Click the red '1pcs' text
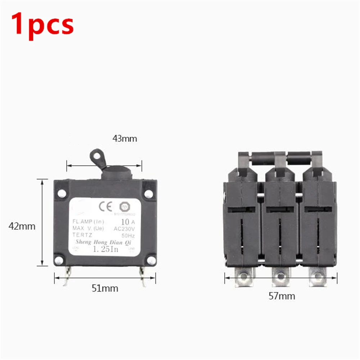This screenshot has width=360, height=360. [x=43, y=23]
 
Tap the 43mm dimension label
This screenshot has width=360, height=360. [x=125, y=139]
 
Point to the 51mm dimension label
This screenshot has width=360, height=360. [x=104, y=288]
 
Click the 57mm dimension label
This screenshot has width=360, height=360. [x=282, y=296]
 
